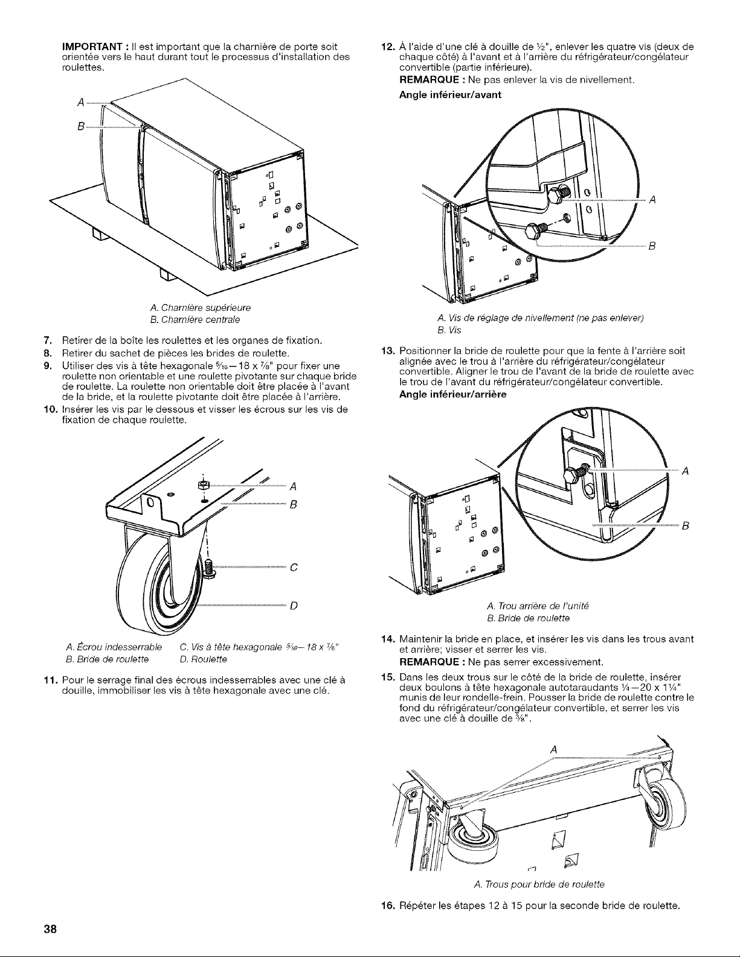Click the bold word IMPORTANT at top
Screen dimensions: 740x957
(92, 47)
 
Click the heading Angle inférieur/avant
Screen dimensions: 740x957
(449, 95)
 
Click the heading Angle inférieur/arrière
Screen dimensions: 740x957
(452, 395)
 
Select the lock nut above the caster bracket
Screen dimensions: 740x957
(203, 485)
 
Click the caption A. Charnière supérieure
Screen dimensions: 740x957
(201, 307)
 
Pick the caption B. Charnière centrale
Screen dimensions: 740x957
(195, 320)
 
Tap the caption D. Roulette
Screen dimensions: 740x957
(204, 659)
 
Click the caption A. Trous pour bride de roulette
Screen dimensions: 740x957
(539, 885)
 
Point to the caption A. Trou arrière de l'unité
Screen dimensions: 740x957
(538, 606)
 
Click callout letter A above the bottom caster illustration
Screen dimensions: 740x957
(554, 750)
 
